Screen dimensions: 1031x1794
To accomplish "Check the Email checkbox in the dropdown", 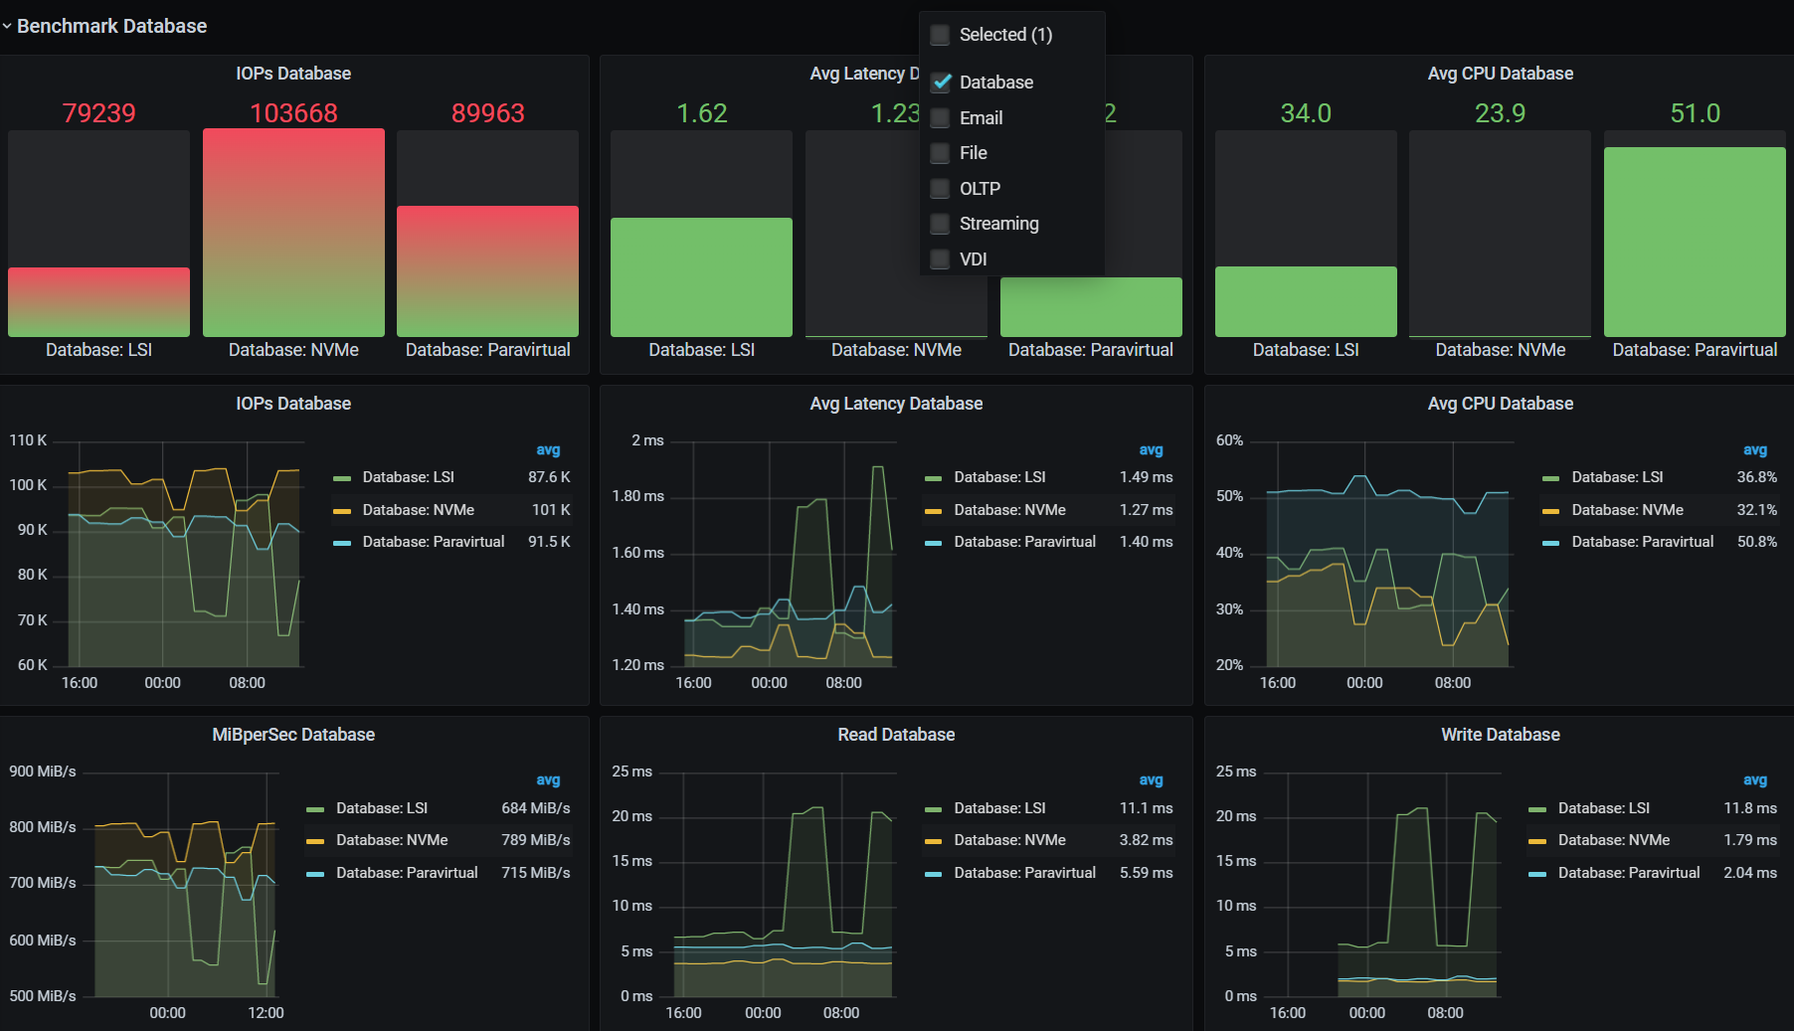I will tap(940, 118).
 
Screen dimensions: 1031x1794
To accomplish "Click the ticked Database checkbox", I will tap(941, 83).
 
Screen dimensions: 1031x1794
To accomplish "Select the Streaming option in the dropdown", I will tap(998, 224).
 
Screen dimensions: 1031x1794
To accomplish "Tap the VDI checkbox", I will tap(940, 259).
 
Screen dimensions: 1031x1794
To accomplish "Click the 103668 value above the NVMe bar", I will tap(293, 113).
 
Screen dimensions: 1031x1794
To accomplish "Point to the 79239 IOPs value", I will tap(98, 113).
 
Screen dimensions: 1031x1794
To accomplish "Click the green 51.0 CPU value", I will tap(1695, 113).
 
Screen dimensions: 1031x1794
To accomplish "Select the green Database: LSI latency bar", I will tap(701, 277).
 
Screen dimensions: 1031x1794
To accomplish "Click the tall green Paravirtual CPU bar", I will tap(1695, 242).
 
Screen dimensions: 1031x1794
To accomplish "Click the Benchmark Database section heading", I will tap(111, 26).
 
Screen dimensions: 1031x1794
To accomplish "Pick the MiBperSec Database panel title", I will tap(293, 735).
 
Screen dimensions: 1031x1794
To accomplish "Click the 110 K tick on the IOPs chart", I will tap(28, 440).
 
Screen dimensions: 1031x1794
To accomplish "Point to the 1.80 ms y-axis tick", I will tap(637, 496).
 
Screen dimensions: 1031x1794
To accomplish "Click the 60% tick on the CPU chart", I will tap(1229, 440).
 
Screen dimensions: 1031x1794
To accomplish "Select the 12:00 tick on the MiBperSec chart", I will tap(266, 1013).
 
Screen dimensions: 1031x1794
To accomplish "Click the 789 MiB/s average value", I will tap(535, 840).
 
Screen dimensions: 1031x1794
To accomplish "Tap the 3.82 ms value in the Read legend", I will tap(1146, 840).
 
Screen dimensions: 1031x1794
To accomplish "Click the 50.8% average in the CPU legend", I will tap(1756, 542).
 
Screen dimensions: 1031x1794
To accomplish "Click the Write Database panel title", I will tap(1500, 735).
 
